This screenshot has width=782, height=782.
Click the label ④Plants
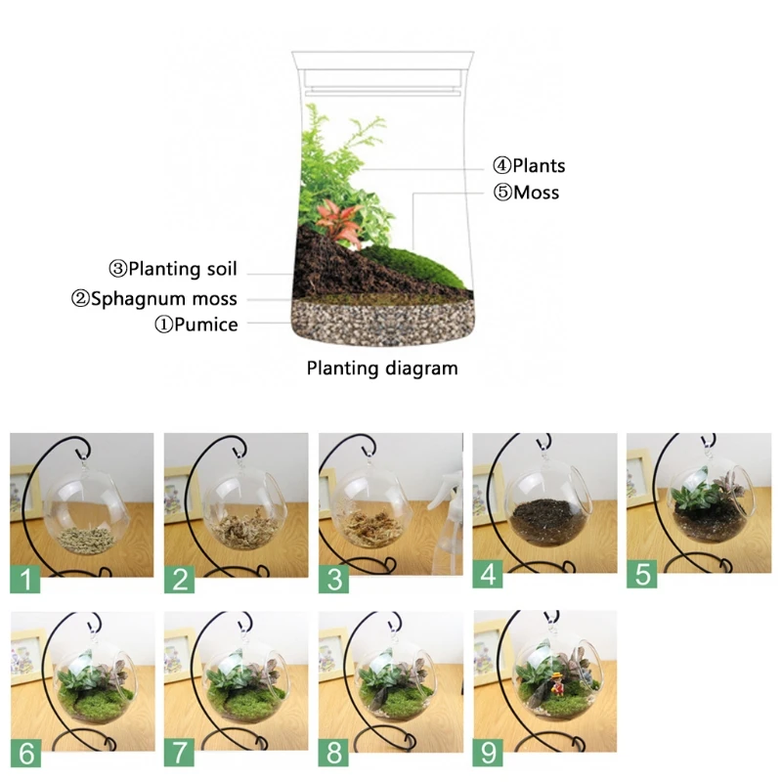529,166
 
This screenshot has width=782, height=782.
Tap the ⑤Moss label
526,193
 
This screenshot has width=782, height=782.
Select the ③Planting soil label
173,270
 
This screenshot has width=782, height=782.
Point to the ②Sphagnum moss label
154,299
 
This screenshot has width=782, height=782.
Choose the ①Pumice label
196,325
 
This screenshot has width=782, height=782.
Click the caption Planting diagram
382,369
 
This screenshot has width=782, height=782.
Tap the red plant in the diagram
339,222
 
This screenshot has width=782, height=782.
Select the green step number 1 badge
25,579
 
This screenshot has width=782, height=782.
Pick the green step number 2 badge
180,579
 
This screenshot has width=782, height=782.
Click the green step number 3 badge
333,579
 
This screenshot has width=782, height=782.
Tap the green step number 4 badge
488,574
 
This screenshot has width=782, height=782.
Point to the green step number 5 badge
642,574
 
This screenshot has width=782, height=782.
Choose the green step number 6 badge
26,753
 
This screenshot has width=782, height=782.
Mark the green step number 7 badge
180,753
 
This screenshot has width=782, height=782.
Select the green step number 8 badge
333,753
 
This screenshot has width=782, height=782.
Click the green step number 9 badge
488,753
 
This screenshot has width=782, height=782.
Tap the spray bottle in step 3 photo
448,524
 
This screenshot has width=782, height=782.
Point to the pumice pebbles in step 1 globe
85,541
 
